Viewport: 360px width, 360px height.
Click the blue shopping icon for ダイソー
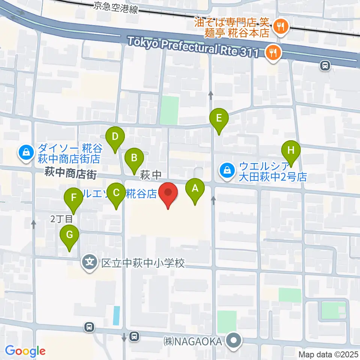coord(26,153)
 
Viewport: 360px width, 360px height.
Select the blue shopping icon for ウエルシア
coord(227,169)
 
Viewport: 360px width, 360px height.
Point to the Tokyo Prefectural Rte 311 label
coord(193,46)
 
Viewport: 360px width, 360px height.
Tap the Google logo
coord(25,351)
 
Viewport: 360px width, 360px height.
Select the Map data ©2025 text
coord(328,354)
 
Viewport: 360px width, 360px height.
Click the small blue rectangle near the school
coord(117,315)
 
